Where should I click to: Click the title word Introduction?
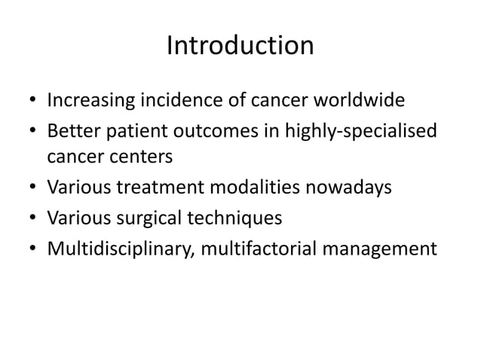pos(240,47)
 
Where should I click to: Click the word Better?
pos(72,131)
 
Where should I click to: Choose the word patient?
pos(134,131)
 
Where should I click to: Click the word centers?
pos(146,157)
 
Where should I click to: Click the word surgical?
pos(143,218)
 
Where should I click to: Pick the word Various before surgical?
pos(75,218)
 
